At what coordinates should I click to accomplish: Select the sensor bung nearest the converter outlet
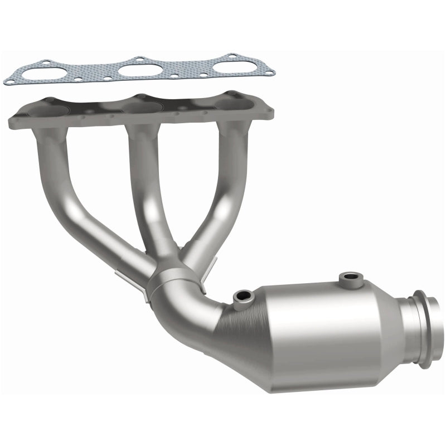(x=350, y=277)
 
